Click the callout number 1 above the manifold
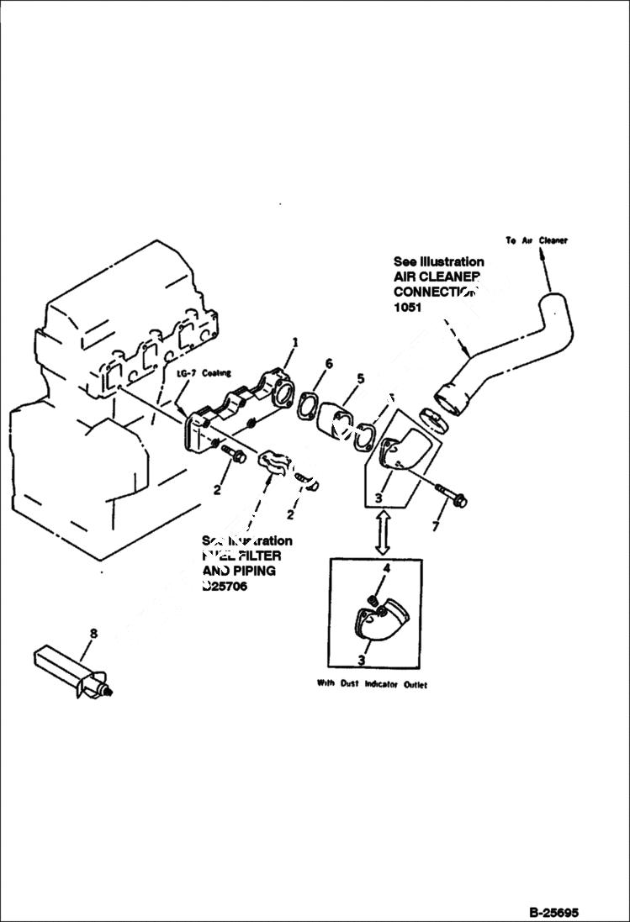[295, 342]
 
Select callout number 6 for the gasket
[329, 363]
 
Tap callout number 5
[360, 378]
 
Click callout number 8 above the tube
[93, 634]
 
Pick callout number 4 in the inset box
[387, 569]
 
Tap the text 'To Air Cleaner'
[537, 240]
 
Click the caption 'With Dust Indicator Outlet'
[372, 684]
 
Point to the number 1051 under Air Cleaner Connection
[408, 308]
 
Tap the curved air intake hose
[513, 353]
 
